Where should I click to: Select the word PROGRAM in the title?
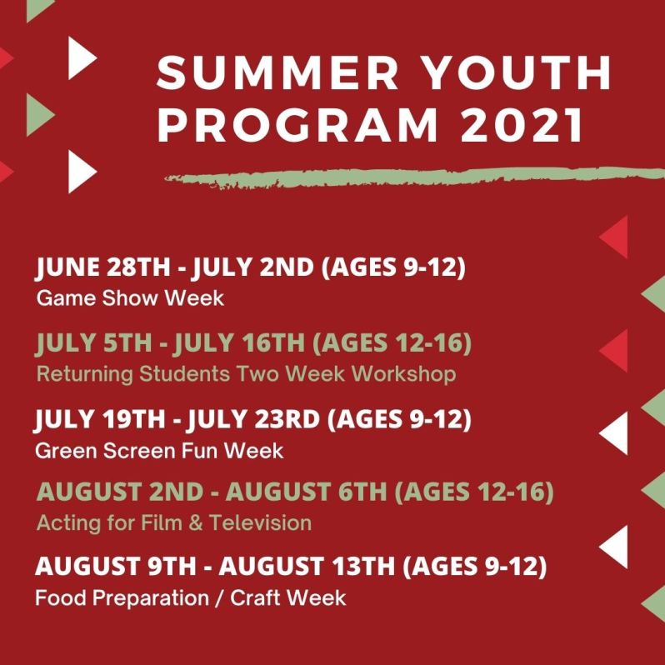[x=297, y=126]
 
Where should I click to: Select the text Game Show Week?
[x=130, y=297]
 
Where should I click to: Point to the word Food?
[x=57, y=597]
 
